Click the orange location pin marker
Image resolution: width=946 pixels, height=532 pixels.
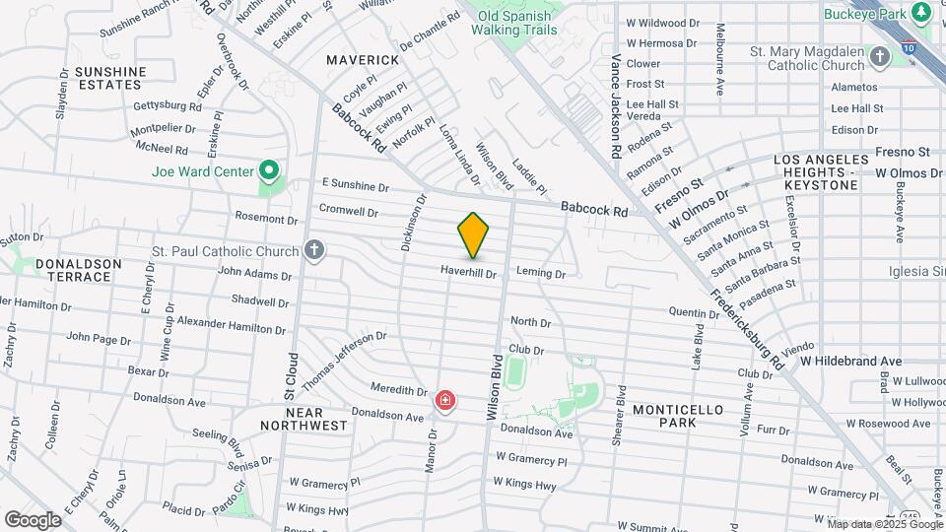pos(473,234)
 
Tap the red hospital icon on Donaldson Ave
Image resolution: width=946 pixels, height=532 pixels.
pos(445,401)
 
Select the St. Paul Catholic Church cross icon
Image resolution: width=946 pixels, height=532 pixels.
pos(314,251)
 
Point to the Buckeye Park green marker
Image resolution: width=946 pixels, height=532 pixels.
pos(922,13)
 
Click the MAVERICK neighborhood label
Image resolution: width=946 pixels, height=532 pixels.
pos(364,60)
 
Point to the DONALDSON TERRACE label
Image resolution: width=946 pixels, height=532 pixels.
pos(78,270)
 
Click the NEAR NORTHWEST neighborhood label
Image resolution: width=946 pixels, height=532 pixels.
pos(304,419)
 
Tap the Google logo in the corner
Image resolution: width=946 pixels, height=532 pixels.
pos(33,519)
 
